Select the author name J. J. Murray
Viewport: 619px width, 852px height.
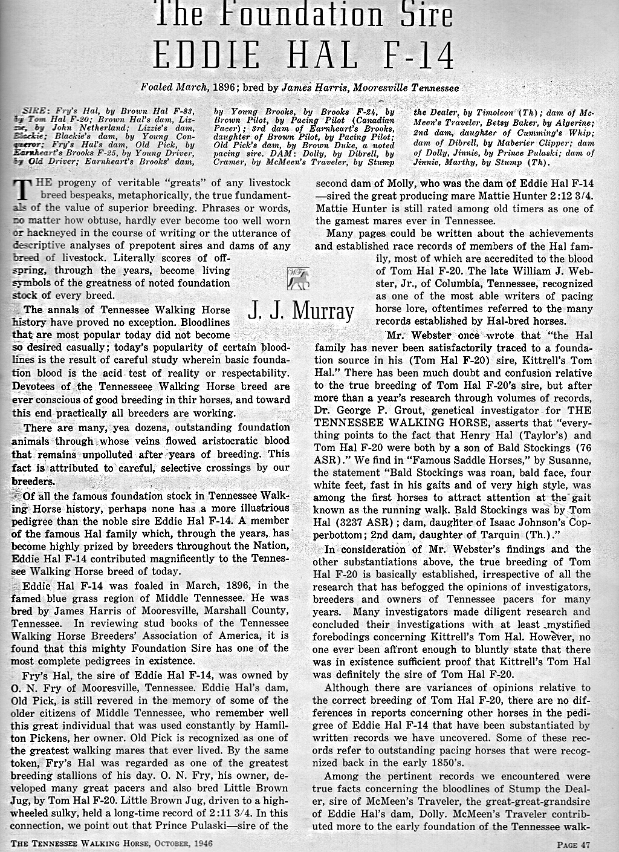300,310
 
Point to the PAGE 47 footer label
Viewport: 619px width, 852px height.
573,844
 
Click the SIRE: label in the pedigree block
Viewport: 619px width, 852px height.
36,112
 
